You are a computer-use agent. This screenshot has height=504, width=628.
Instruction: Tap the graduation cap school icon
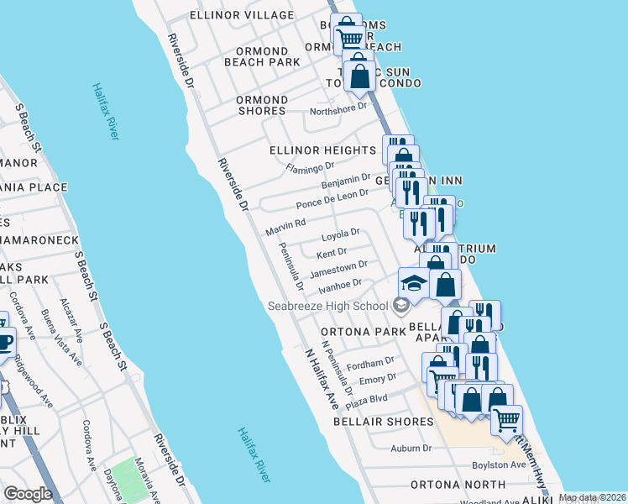[413, 284]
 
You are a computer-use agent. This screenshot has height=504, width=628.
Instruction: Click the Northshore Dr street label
[339, 108]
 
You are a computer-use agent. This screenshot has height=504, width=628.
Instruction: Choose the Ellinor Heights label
[322, 150]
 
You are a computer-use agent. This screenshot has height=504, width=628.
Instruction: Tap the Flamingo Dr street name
[311, 168]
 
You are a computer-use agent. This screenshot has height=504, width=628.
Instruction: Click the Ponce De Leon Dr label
[332, 199]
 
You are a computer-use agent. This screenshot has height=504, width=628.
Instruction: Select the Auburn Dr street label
[410, 448]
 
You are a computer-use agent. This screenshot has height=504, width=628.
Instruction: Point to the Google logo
[28, 494]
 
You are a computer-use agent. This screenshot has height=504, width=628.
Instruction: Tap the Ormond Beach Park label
[262, 56]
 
